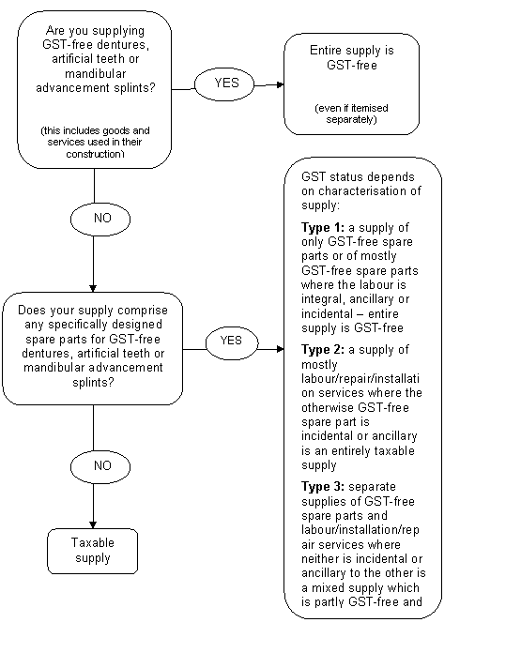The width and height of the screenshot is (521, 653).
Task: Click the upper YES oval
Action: [x=224, y=84]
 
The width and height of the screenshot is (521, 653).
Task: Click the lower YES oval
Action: [x=232, y=343]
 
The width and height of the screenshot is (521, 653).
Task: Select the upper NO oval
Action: [x=100, y=219]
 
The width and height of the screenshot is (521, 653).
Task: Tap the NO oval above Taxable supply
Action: [x=100, y=467]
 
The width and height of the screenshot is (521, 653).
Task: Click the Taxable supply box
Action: [x=93, y=551]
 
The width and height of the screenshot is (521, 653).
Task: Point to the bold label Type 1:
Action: [x=323, y=228]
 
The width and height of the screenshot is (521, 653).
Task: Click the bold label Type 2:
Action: [x=323, y=349]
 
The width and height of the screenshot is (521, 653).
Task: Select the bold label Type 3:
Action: [x=323, y=486]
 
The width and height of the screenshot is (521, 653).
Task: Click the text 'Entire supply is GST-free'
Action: [x=352, y=58]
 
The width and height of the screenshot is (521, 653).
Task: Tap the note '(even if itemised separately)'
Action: [x=351, y=114]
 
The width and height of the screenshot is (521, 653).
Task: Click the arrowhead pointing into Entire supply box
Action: [x=281, y=85]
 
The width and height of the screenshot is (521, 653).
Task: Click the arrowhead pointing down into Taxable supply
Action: [x=93, y=524]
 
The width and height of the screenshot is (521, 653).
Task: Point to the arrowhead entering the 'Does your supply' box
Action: [x=93, y=288]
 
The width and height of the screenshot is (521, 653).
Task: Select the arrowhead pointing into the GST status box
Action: [x=281, y=349]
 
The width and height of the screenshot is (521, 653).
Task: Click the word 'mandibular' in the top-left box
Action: [x=96, y=74]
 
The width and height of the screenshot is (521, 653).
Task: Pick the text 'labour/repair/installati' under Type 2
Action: [x=360, y=378]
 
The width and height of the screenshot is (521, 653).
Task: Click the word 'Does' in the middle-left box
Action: [x=31, y=311]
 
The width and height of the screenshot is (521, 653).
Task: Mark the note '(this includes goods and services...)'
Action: [x=95, y=142]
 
